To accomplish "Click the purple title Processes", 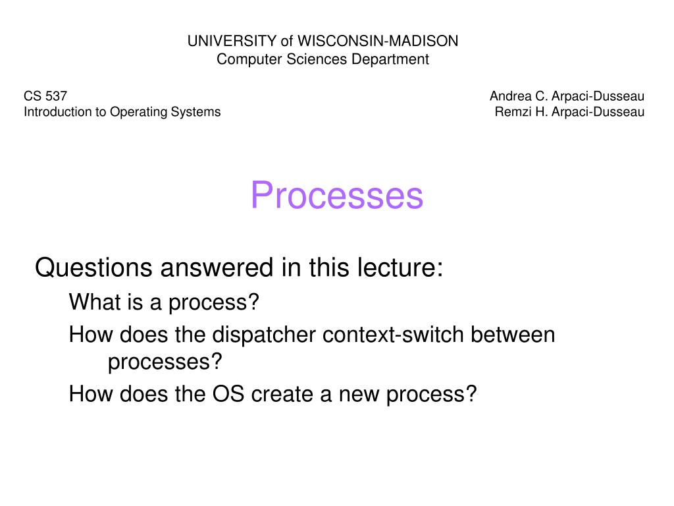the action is pos(336,195).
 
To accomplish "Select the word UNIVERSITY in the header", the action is pos(232,41).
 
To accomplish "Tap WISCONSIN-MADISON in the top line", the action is pos(378,41).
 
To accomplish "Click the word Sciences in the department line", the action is pos(317,59).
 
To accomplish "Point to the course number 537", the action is pos(56,96).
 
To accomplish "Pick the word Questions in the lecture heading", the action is pos(93,267).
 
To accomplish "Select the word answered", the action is pos(217,267).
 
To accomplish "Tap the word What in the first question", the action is pos(91,302).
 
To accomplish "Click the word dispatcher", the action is pos(264,335).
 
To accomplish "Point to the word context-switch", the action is pos(393,335).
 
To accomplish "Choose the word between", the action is pos(513,335).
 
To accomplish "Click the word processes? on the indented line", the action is pos(165,362).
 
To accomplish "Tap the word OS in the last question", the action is pos(228,394).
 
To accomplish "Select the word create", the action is pos(282,394).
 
